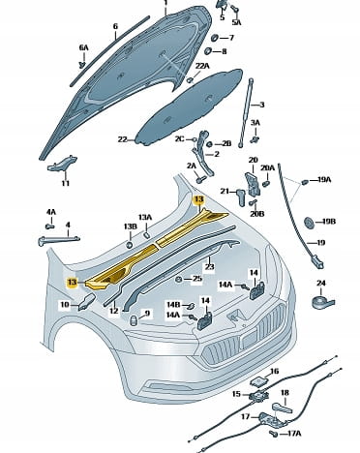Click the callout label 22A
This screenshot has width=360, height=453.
(202, 66)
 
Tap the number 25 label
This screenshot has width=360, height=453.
(197, 279)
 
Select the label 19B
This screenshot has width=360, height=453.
(329, 222)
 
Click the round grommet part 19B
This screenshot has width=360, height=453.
(310, 223)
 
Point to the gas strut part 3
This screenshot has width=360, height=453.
(245, 112)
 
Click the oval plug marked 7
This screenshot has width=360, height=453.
(215, 38)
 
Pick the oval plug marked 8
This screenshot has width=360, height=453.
(208, 51)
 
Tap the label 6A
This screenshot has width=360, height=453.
(83, 47)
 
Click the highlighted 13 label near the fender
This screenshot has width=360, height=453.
(72, 283)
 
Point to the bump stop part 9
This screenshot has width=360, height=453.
(134, 320)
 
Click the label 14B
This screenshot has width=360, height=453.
(173, 305)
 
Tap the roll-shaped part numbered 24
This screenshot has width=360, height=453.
(323, 302)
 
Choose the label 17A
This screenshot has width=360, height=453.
(294, 434)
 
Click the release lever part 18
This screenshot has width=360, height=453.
(283, 408)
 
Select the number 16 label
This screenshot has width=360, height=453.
(274, 372)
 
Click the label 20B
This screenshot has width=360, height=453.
(257, 214)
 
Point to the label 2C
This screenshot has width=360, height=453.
(180, 138)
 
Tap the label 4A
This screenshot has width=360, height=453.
(51, 212)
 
